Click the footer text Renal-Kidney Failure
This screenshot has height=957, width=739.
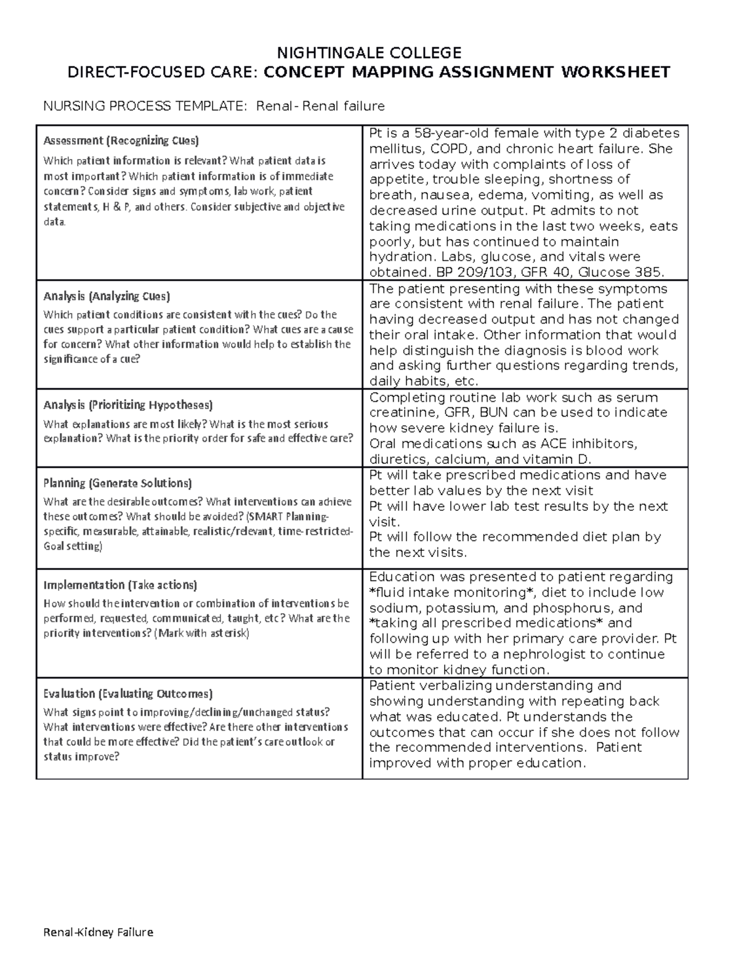[98, 932]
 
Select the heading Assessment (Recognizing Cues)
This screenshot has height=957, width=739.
[121, 140]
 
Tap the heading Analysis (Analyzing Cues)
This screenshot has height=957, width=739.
[107, 296]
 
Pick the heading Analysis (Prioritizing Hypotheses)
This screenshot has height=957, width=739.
[127, 405]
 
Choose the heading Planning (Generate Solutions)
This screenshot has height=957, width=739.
[118, 483]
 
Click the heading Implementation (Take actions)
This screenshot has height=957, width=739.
[120, 584]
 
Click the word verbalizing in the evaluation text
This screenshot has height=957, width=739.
[456, 686]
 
